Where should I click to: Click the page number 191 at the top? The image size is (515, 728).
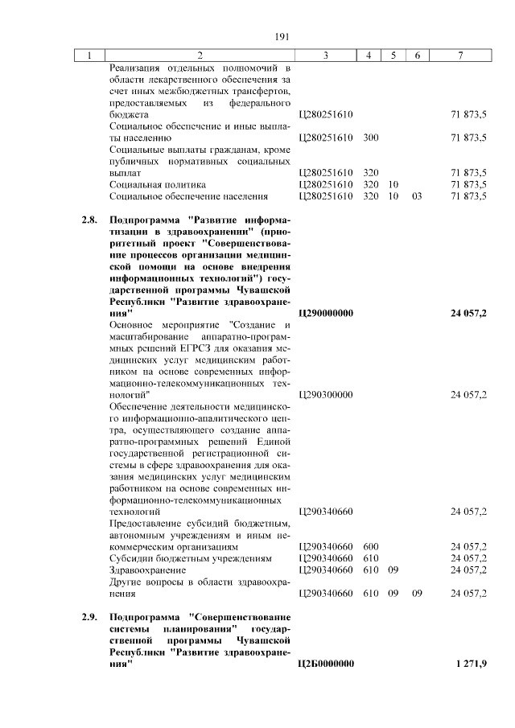pyautogui.click(x=282, y=36)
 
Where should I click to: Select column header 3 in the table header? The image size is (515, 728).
pyautogui.click(x=325, y=56)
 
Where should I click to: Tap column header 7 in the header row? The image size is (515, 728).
pyautogui.click(x=459, y=56)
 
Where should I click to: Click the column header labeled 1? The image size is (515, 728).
pyautogui.click(x=90, y=56)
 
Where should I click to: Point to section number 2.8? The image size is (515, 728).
pyautogui.click(x=89, y=220)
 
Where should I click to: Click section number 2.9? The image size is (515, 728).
pyautogui.click(x=89, y=617)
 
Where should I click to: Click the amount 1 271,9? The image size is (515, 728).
pyautogui.click(x=470, y=663)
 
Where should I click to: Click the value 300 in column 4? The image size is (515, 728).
pyautogui.click(x=370, y=138)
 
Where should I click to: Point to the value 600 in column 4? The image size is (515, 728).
pyautogui.click(x=370, y=546)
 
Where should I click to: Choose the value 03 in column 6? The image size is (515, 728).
pyautogui.click(x=416, y=195)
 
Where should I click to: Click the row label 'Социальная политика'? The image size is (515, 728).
pyautogui.click(x=155, y=184)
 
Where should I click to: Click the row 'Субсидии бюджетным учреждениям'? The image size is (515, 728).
pyautogui.click(x=190, y=558)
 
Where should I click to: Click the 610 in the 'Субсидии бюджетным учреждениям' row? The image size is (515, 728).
pyautogui.click(x=370, y=558)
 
